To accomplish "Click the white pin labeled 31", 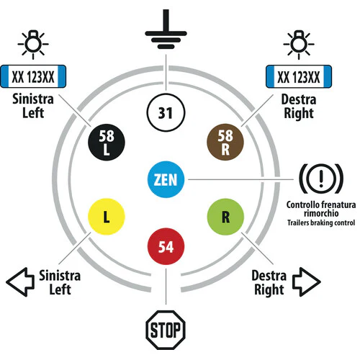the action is pyautogui.click(x=166, y=113).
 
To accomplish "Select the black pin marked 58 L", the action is pyautogui.click(x=107, y=143).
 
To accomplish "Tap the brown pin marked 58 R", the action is pyautogui.click(x=225, y=142).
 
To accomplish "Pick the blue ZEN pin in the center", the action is pyautogui.click(x=166, y=179).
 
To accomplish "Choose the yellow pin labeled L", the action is pyautogui.click(x=107, y=217).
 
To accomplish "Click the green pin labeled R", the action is pyautogui.click(x=225, y=217).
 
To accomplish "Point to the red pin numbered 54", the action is pyautogui.click(x=166, y=246).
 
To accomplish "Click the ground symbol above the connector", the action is pyautogui.click(x=166, y=30).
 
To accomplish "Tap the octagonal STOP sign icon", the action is pyautogui.click(x=166, y=330).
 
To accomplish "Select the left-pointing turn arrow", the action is pyautogui.click(x=20, y=282).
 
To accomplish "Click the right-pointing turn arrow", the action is pyautogui.click(x=307, y=282).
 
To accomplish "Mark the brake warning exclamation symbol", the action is pyautogui.click(x=321, y=179).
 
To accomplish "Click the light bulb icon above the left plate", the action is pyautogui.click(x=33, y=45).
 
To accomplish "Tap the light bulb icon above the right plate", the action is pyautogui.click(x=299, y=45).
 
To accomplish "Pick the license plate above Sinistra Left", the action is pyautogui.click(x=33, y=76).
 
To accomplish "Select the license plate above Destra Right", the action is pyautogui.click(x=299, y=76).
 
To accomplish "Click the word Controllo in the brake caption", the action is pyautogui.click(x=303, y=204).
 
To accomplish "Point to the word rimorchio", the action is pyautogui.click(x=321, y=213).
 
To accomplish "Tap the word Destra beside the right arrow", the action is pyautogui.click(x=269, y=276).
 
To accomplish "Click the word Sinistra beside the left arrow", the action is pyautogui.click(x=60, y=276).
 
